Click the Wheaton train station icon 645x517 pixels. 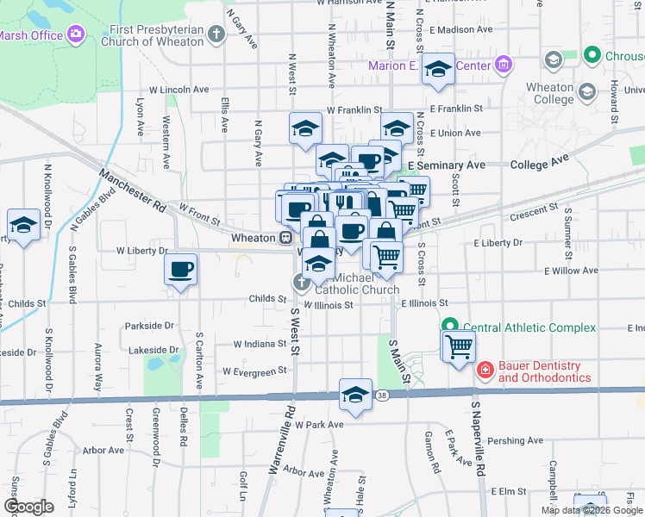285,237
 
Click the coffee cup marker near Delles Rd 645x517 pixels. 180,271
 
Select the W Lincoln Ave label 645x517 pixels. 179,89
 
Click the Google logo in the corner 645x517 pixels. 28,506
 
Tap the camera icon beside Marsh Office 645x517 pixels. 76,34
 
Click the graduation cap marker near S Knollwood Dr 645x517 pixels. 23,225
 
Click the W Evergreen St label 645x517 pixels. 254,371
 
